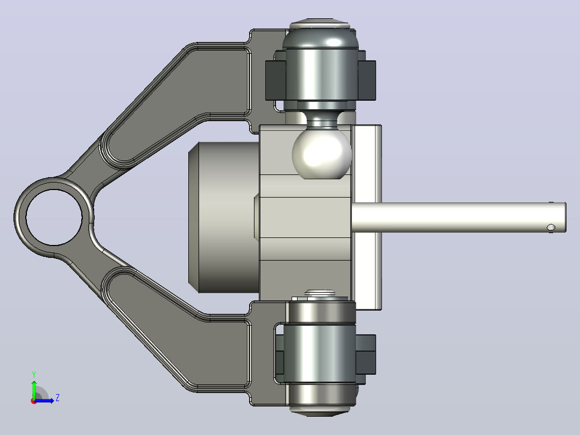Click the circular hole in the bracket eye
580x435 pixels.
(x=54, y=217)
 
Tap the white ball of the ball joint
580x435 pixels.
(x=321, y=153)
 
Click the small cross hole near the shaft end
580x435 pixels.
(x=551, y=227)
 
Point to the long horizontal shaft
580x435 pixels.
(x=458, y=217)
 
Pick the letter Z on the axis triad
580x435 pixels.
(x=58, y=398)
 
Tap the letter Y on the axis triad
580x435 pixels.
(x=34, y=375)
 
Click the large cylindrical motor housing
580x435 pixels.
(x=223, y=217)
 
